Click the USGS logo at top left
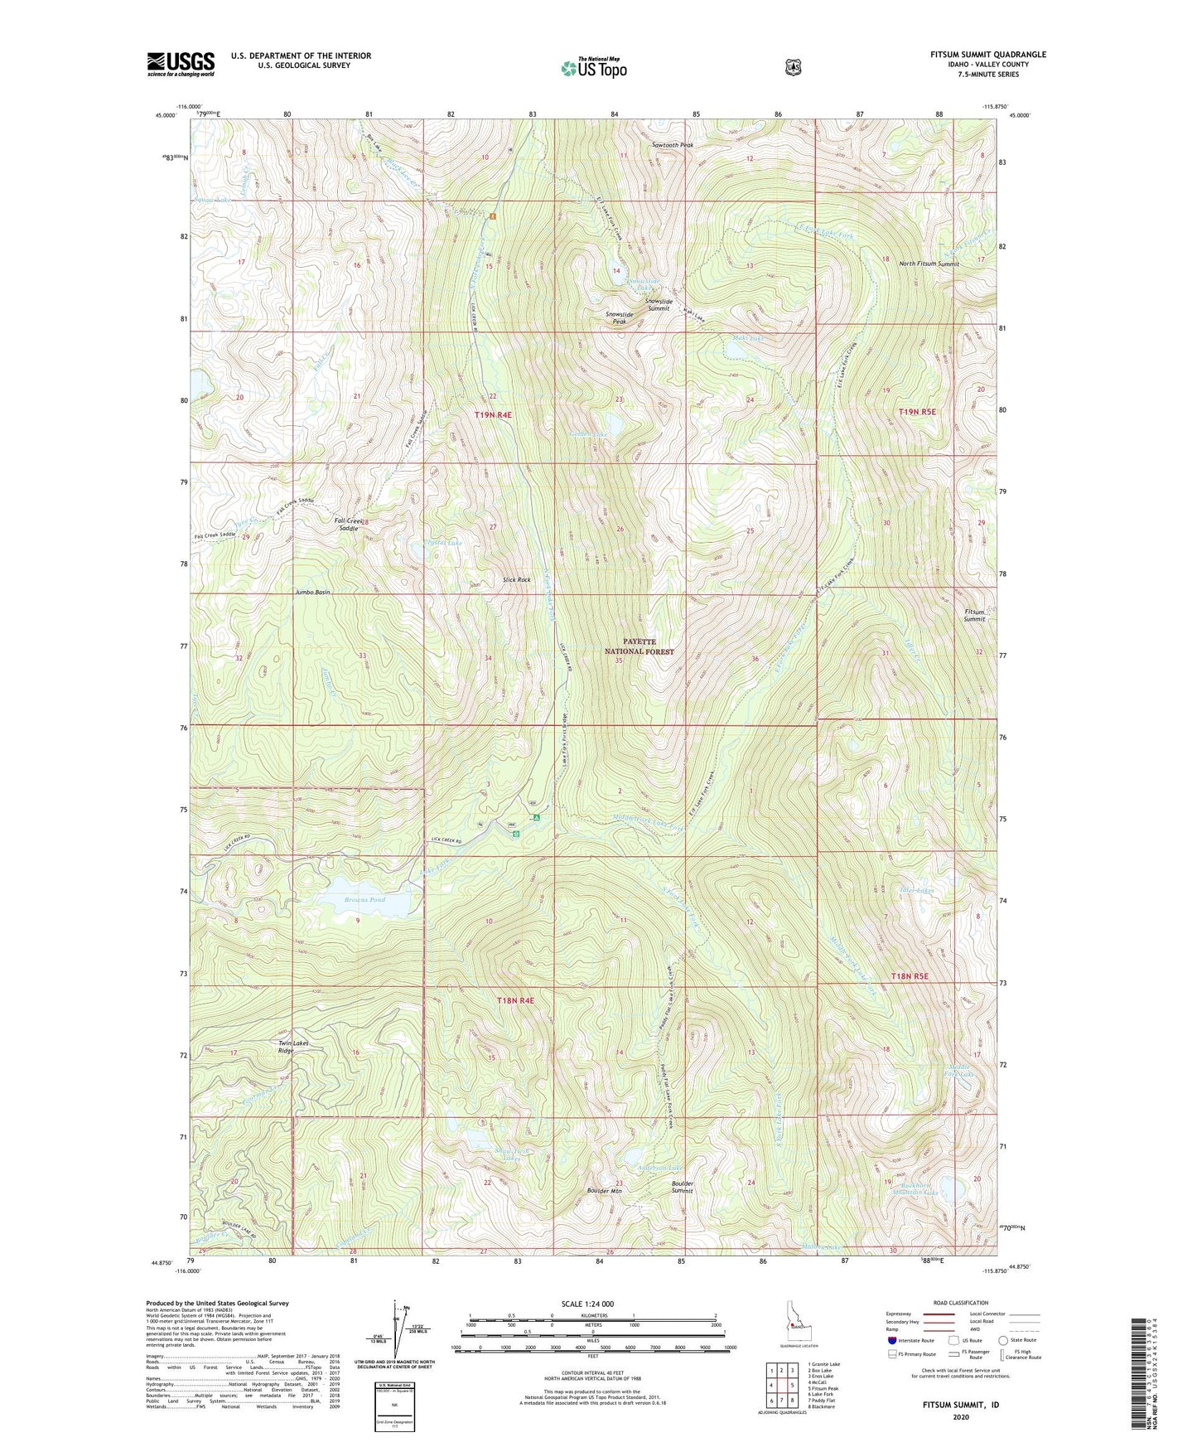pyautogui.click(x=181, y=64)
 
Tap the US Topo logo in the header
pyautogui.click(x=592, y=68)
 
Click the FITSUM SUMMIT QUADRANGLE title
pyautogui.click(x=987, y=55)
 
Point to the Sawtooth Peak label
pyautogui.click(x=673, y=145)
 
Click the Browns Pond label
pyautogui.click(x=364, y=899)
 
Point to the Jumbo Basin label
pyautogui.click(x=312, y=593)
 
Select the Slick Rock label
pyautogui.click(x=516, y=579)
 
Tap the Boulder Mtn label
pyautogui.click(x=604, y=1191)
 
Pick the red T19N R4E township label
pyautogui.click(x=494, y=414)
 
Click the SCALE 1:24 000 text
pyautogui.click(x=587, y=1304)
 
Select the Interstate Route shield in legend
pyautogui.click(x=891, y=1340)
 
